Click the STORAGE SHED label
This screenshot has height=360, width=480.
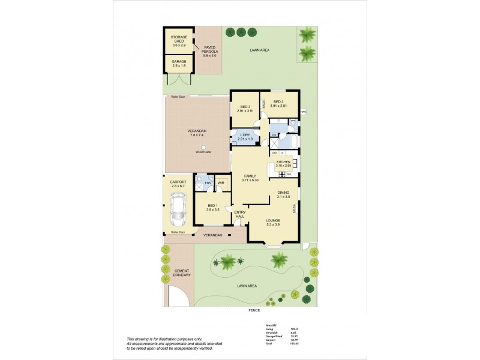(178, 41)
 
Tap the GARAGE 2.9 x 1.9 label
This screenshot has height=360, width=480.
(178, 63)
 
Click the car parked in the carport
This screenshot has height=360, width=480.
(178, 211)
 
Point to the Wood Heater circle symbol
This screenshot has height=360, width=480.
(203, 148)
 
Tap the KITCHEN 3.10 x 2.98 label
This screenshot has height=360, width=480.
(283, 164)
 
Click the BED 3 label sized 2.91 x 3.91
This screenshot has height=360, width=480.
(246, 109)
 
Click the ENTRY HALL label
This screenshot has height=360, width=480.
(240, 215)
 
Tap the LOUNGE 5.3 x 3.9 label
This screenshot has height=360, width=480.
(273, 222)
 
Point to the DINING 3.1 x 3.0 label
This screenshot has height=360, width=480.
(283, 195)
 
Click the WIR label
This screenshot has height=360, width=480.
(221, 182)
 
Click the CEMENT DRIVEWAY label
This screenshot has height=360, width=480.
(182, 273)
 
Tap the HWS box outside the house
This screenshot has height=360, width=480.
(303, 112)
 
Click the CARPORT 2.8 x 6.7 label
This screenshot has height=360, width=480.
(178, 184)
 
